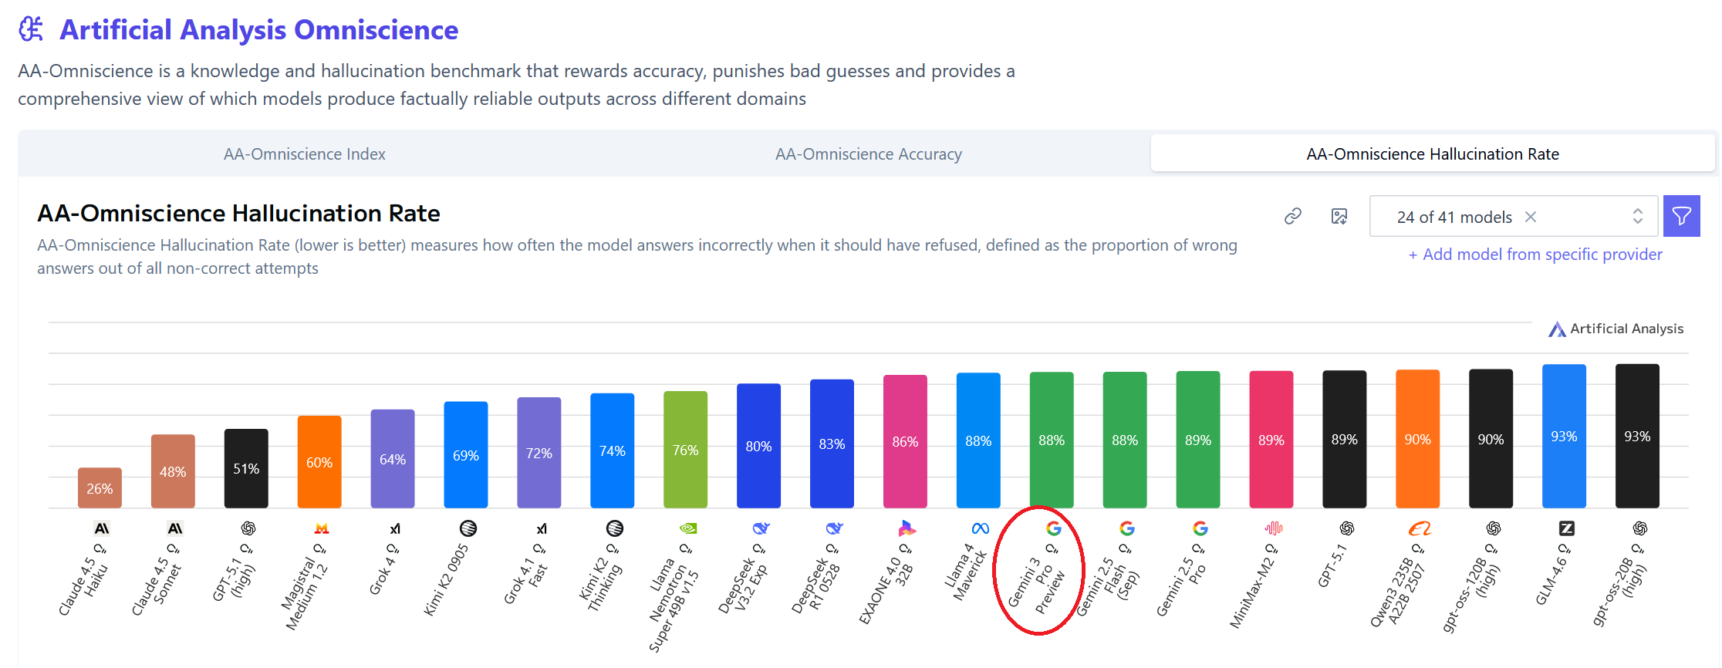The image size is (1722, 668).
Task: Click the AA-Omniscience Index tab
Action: point(304,154)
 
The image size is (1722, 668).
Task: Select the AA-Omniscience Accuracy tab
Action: point(868,154)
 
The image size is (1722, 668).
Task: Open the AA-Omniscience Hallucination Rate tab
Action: point(1432,154)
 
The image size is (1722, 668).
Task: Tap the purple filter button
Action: point(1681,216)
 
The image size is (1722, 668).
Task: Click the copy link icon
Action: point(1292,217)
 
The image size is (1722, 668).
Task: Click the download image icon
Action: point(1339,217)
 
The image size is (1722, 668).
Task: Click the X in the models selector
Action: point(1531,218)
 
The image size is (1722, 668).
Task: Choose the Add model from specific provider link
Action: point(1535,255)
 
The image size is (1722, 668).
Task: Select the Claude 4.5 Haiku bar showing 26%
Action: point(100,488)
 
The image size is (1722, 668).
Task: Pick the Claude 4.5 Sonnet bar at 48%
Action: point(173,471)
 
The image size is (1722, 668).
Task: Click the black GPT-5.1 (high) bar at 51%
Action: point(246,468)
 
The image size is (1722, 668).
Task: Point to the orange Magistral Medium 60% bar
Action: point(319,461)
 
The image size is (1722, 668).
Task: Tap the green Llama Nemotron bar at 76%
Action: point(685,450)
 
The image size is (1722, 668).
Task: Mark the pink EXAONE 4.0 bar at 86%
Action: point(905,441)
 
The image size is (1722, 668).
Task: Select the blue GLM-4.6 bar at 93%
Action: point(1564,436)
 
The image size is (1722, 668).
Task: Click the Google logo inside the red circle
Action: point(1053,528)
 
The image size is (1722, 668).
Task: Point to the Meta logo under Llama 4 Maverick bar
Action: point(980,528)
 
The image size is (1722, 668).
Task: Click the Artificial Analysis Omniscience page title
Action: point(258,30)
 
